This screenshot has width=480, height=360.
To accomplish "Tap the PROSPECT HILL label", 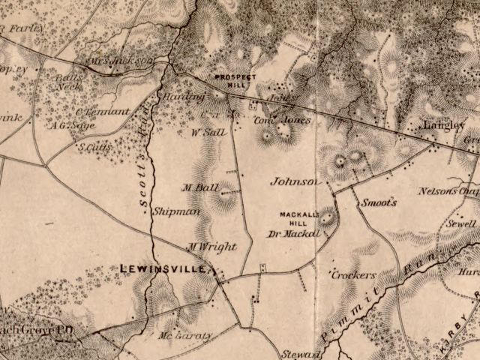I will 235,81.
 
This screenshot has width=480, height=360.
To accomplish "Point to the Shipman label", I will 176,212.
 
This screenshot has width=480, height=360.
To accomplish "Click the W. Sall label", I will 209,132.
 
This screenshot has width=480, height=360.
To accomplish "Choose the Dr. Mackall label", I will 295,233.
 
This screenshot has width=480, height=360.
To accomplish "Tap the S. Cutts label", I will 95,147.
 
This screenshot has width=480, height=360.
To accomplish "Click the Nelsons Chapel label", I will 448,190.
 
